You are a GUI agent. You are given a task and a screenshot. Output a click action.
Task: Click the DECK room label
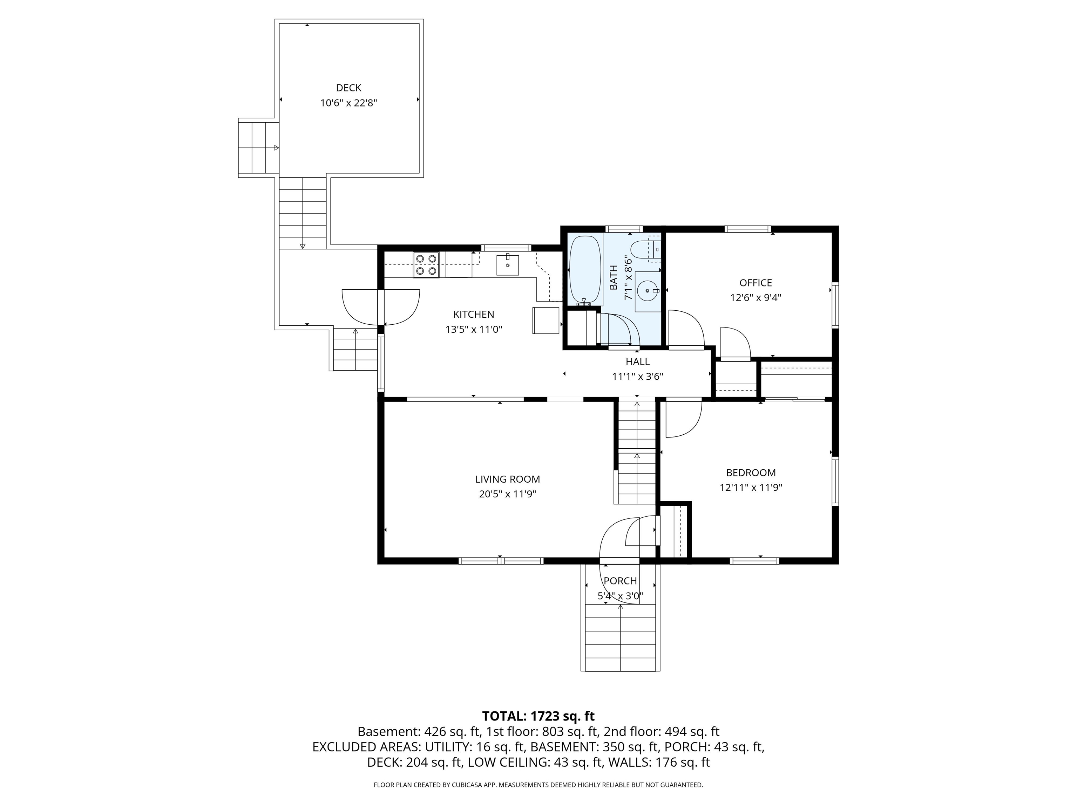coord(348,88)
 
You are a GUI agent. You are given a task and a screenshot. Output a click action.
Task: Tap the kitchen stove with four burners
coord(426,265)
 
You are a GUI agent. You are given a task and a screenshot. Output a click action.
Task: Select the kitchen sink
coord(507,265)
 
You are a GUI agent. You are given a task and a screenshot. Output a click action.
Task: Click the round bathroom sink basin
coord(648,291)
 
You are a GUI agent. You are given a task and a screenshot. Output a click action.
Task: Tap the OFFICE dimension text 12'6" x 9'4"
coord(755,298)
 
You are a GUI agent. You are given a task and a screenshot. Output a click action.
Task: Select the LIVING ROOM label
coord(507,479)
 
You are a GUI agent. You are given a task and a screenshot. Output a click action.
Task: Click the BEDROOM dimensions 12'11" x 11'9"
coord(751,488)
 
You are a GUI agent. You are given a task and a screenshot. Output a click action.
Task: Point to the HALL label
coord(637,361)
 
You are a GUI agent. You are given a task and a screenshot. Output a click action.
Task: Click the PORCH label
coord(620,581)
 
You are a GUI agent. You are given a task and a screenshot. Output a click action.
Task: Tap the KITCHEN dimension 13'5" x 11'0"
coord(473,329)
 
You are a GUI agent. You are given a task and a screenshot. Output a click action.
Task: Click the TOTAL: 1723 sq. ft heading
coord(538,716)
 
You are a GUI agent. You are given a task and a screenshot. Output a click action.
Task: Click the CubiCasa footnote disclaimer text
coord(538,785)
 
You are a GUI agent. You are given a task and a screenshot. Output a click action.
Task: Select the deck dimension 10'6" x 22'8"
coord(348,103)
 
